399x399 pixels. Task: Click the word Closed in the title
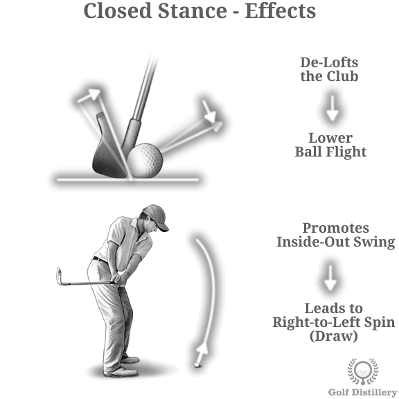[x=117, y=10]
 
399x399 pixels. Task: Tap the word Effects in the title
[x=280, y=10]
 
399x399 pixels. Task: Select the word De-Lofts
[x=329, y=62]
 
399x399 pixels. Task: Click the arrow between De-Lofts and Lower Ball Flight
[x=332, y=108]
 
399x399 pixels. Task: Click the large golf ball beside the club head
[x=145, y=160]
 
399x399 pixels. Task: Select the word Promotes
[x=336, y=228]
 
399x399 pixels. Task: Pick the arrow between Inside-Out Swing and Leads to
[x=330, y=278]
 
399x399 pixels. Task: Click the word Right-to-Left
[x=317, y=322]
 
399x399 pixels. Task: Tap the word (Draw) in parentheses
[x=334, y=336]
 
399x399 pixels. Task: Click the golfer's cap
[x=156, y=217]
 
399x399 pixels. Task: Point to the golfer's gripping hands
[x=120, y=279]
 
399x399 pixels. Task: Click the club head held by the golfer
[x=60, y=276]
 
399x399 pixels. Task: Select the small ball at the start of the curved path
[x=197, y=364]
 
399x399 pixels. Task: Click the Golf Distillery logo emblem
[x=363, y=371]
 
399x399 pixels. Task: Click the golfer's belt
[x=100, y=260]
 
